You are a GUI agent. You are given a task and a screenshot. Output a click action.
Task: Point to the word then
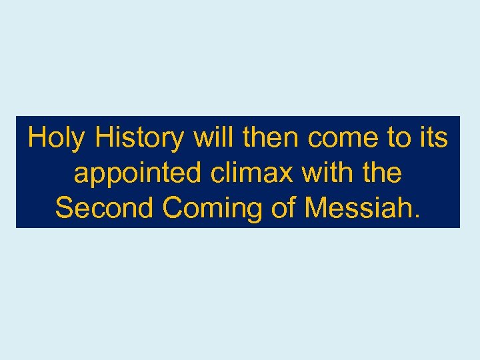(272, 138)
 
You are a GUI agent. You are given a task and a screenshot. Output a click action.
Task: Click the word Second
(105, 208)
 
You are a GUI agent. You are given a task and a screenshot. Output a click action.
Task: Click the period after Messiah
(418, 216)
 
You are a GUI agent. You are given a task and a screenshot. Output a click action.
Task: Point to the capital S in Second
(65, 208)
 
